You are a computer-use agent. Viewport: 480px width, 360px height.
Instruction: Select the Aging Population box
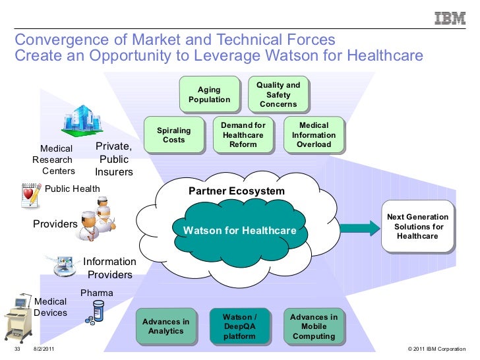pos(209,94)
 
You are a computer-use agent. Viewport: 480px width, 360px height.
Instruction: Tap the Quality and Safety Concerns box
pos(278,94)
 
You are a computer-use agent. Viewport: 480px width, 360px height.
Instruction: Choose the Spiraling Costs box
pos(173,135)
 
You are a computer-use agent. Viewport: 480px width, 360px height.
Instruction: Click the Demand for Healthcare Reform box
pos(243,135)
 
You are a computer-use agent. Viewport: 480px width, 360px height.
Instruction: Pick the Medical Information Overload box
pos(313,135)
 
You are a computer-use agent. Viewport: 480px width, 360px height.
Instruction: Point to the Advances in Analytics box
pos(165,326)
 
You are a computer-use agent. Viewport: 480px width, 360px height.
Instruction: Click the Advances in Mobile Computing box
pos(313,326)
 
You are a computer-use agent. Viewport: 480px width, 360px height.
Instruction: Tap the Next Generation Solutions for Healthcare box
pos(417,226)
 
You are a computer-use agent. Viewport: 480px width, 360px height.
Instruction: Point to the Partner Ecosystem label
pos(237,191)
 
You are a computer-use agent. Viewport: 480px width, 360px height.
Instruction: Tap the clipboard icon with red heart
pos(30,192)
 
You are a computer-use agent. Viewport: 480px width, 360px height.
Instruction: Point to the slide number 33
pos(18,349)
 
